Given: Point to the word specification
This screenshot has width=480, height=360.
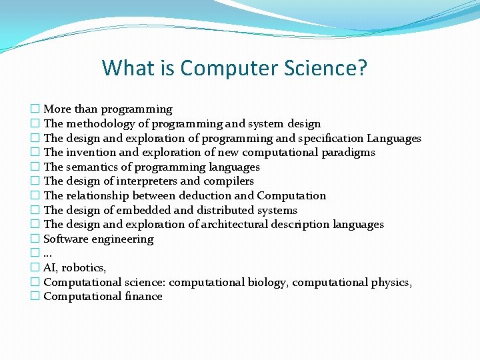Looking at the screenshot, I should (x=330, y=138).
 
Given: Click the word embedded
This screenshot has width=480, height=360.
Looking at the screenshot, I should (x=143, y=210).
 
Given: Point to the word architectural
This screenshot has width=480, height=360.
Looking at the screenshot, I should (x=228, y=224).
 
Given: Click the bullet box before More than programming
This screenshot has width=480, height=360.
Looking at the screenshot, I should (x=35, y=109).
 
